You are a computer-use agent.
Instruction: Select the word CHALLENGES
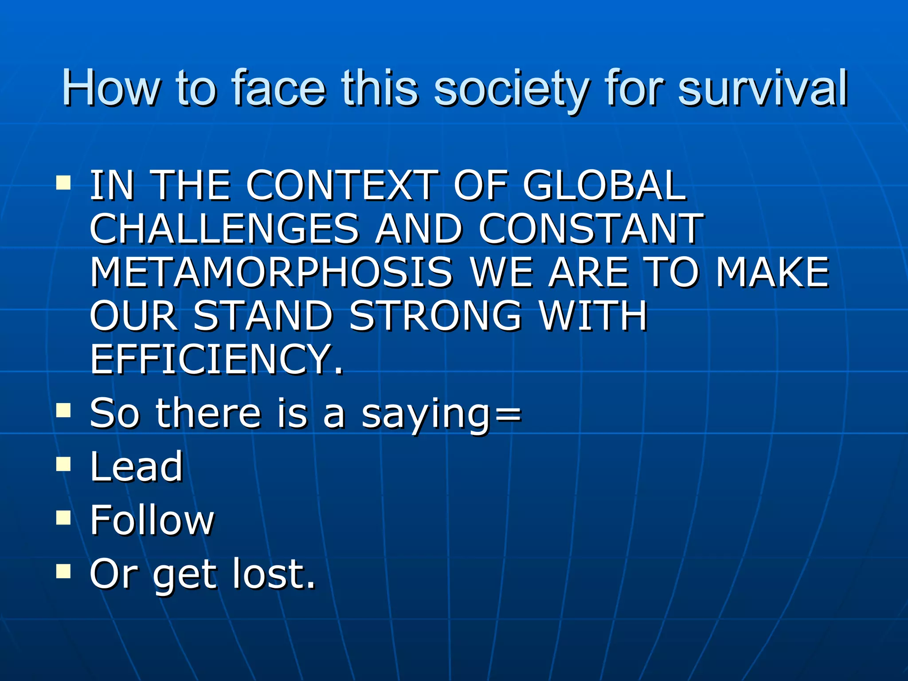tap(224, 229)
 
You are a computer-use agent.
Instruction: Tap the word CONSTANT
tap(591, 229)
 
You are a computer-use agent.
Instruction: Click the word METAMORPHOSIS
tap(271, 272)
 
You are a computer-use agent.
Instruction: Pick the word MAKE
tap(772, 272)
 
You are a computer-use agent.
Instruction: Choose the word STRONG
tap(435, 316)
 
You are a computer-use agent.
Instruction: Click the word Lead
tap(137, 466)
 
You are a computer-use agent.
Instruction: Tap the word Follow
tap(152, 520)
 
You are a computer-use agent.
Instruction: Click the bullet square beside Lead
tap(64, 464)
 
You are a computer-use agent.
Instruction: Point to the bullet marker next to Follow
tap(64, 517)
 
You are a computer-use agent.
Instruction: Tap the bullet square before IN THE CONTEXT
tap(64, 183)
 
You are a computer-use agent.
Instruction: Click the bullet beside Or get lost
tap(64, 571)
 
